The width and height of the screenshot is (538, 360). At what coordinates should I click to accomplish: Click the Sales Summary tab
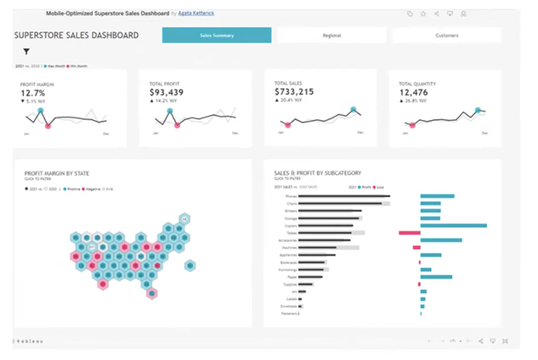(217, 36)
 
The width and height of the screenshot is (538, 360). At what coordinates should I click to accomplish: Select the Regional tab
(331, 36)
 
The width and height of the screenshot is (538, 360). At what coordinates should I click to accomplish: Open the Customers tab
(446, 36)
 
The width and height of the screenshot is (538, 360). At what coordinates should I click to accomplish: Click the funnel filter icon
(26, 52)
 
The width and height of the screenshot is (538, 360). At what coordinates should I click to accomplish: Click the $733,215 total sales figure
(294, 92)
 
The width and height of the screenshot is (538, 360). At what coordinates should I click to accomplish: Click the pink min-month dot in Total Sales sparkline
(288, 125)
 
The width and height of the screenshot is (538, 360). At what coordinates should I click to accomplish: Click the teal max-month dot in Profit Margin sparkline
(39, 110)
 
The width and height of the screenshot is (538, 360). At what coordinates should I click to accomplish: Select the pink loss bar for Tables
(409, 233)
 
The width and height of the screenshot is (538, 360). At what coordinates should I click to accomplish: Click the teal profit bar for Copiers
(453, 225)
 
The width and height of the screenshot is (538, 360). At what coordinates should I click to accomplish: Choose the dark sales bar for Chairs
(332, 203)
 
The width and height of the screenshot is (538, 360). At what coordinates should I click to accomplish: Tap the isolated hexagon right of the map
(191, 267)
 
